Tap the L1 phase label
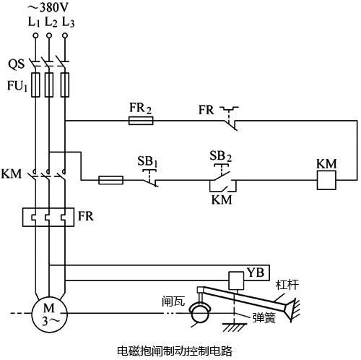coord(33,22)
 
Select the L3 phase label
coord(68,22)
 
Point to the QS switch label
coord(17,64)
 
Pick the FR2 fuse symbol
coord(141,120)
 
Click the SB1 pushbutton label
coord(148,158)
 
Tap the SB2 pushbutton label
coord(219,156)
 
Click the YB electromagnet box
coord(258,273)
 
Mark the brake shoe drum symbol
coord(199,313)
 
